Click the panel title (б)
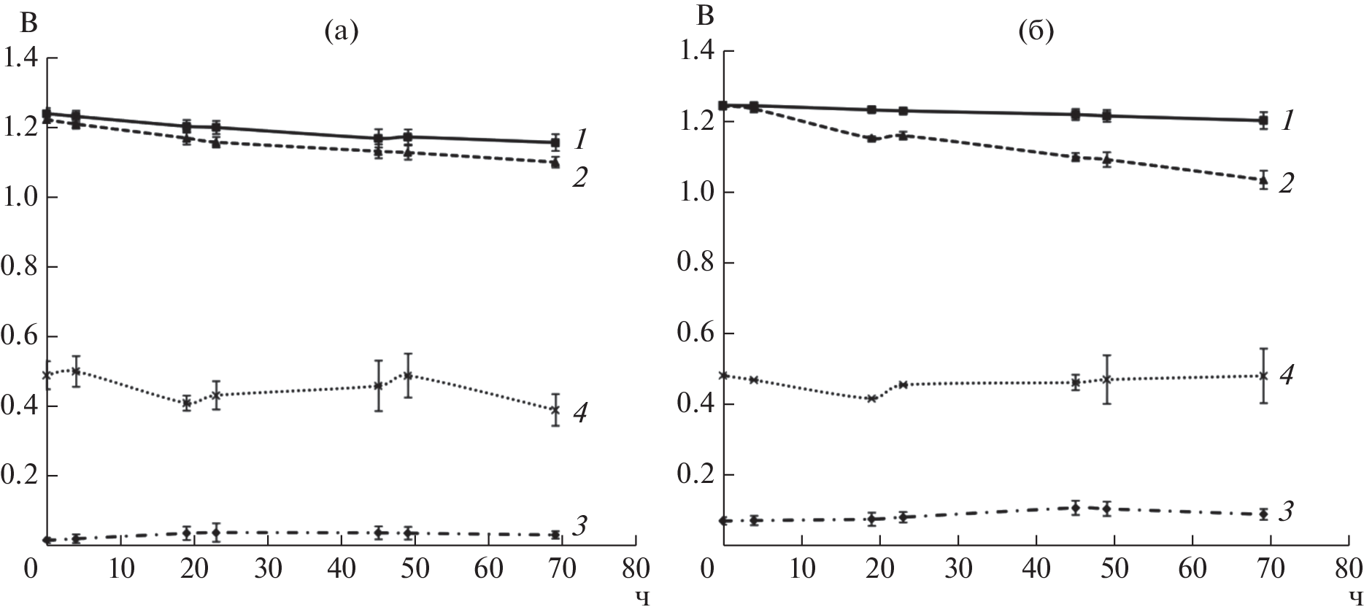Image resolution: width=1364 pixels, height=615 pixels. pyautogui.click(x=1037, y=31)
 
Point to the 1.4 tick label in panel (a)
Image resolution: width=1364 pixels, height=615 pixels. pyautogui.click(x=23, y=58)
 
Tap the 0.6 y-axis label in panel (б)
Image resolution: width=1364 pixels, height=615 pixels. pyautogui.click(x=696, y=333)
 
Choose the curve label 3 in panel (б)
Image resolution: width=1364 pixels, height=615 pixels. pyautogui.click(x=1287, y=511)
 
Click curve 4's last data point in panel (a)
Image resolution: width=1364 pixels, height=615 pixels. pyautogui.click(x=555, y=410)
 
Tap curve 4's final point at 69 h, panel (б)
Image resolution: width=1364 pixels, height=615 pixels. pyautogui.click(x=1265, y=376)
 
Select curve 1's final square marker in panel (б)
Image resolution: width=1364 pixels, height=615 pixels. pyautogui.click(x=1265, y=120)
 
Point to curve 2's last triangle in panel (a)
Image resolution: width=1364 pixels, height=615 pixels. pyautogui.click(x=555, y=163)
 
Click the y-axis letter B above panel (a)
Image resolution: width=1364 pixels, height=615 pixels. pyautogui.click(x=28, y=23)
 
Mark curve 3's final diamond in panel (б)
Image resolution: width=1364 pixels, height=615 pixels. pyautogui.click(x=1265, y=514)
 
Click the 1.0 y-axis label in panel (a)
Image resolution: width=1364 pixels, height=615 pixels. pyautogui.click(x=23, y=198)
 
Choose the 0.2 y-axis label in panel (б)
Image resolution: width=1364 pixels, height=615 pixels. pyautogui.click(x=696, y=475)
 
